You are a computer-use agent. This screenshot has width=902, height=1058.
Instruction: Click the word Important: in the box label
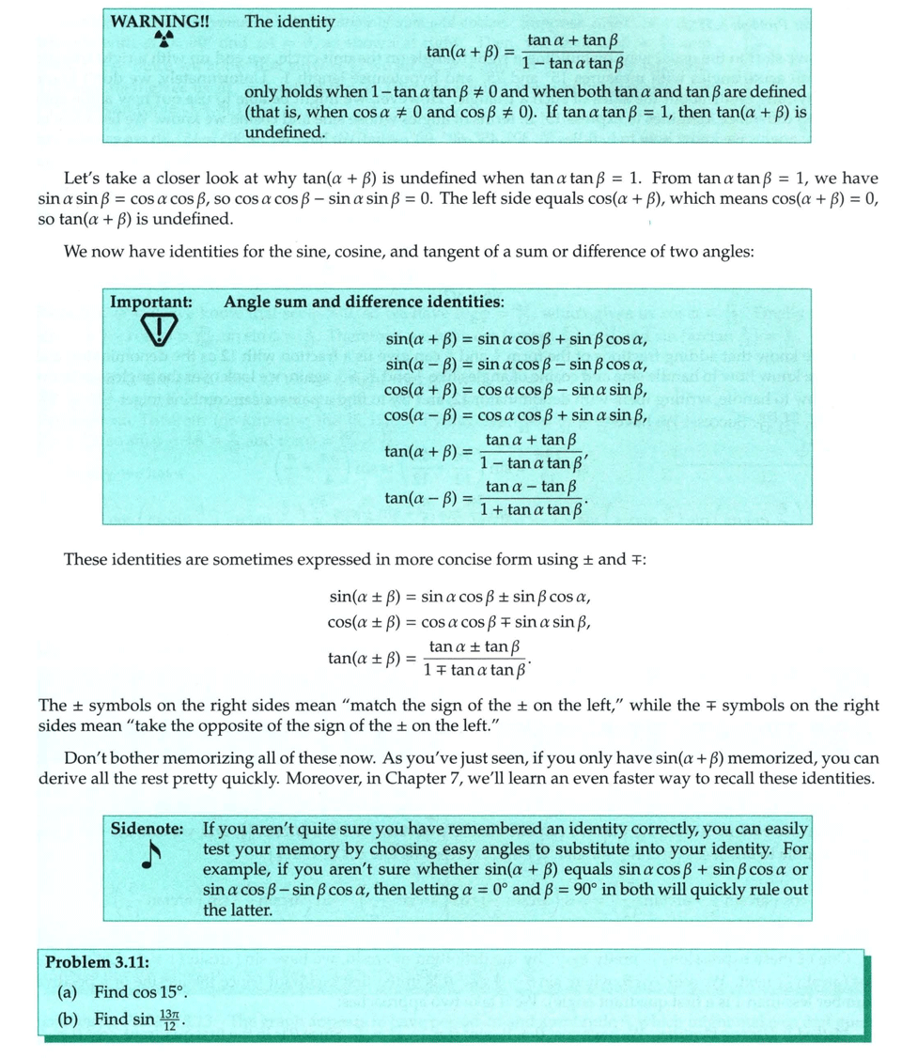(151, 302)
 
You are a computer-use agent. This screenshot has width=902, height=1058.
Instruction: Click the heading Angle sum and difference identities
(364, 302)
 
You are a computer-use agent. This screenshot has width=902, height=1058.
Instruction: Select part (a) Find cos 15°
(141, 992)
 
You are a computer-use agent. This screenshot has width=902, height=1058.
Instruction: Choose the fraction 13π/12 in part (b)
(168, 1018)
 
